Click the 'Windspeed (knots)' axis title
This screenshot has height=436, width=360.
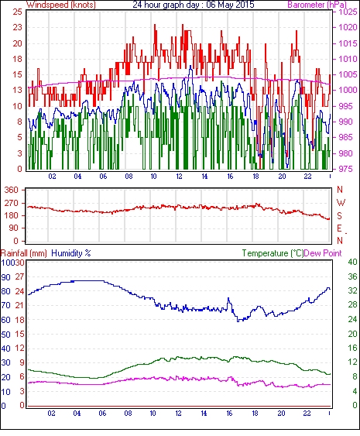pyautogui.click(x=61, y=5)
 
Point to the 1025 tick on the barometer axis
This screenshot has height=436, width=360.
pyautogui.click(x=348, y=12)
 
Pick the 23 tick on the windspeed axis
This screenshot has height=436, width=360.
pyautogui.click(x=17, y=28)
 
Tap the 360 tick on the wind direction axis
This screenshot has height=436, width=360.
pyautogui.click(x=11, y=191)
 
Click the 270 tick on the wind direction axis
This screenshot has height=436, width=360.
pyautogui.click(x=11, y=203)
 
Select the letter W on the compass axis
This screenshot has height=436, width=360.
pyautogui.click(x=341, y=203)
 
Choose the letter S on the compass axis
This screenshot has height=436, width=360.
pyautogui.click(x=340, y=216)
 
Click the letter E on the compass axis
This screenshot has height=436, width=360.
pyautogui.click(x=339, y=228)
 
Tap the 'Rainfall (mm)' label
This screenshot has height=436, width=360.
pyautogui.click(x=24, y=253)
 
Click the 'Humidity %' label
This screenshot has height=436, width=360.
pyautogui.click(x=71, y=253)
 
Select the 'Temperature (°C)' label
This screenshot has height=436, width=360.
pyautogui.click(x=273, y=253)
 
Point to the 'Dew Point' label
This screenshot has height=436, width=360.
pyautogui.click(x=323, y=253)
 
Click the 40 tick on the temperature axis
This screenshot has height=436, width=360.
pyautogui.click(x=352, y=262)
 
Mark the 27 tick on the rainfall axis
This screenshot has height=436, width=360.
pyautogui.click(x=20, y=276)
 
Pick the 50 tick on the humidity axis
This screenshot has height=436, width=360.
pyautogui.click(x=6, y=335)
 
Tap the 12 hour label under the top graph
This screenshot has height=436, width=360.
pyautogui.click(x=179, y=177)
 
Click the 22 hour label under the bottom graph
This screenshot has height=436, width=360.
pyautogui.click(x=307, y=414)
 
